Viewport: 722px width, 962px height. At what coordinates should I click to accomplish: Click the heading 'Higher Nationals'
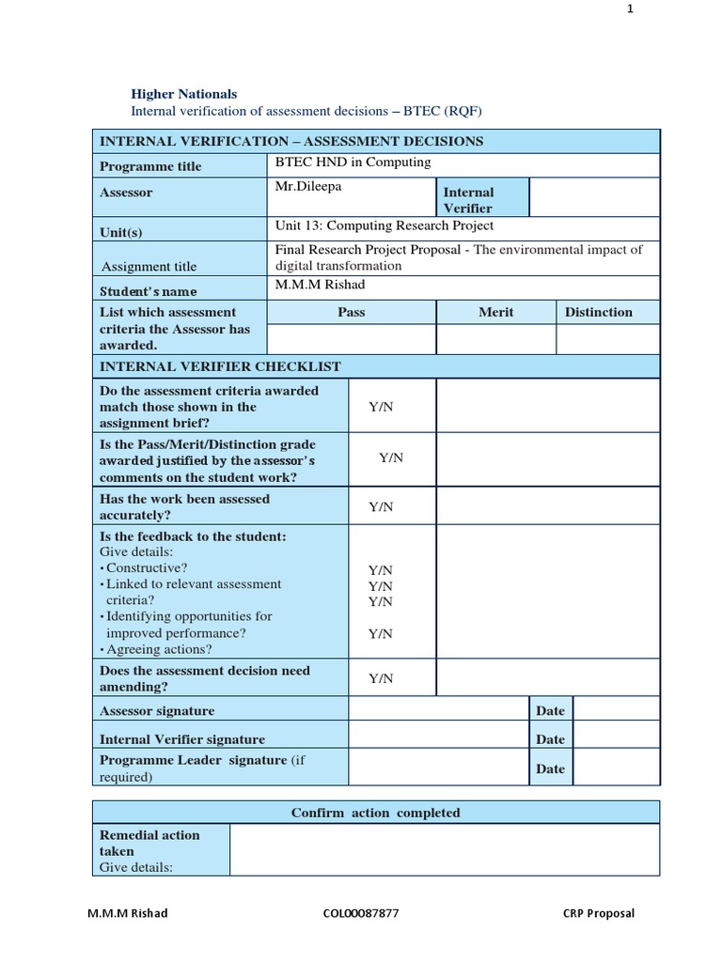[x=183, y=94]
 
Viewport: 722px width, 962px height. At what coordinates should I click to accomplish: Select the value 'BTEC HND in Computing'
[x=353, y=163]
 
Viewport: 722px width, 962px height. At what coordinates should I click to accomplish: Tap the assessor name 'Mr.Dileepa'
[x=307, y=187]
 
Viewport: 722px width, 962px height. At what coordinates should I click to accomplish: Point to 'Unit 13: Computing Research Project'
[x=384, y=225]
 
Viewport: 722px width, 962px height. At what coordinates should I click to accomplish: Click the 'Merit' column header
[x=495, y=312]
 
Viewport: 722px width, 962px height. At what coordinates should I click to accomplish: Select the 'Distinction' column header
[x=598, y=312]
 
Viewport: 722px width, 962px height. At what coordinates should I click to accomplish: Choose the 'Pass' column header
[x=351, y=312]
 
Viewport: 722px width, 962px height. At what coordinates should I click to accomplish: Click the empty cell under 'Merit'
[x=495, y=339]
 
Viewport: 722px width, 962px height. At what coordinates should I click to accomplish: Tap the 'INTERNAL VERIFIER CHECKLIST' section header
[x=220, y=366]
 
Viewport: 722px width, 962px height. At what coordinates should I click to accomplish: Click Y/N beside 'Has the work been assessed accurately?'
[x=381, y=507]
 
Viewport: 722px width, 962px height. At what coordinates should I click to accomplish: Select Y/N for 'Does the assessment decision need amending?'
[x=381, y=678]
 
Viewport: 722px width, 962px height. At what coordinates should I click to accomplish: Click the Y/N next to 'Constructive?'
[x=381, y=569]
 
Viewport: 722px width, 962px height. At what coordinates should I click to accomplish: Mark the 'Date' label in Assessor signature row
[x=550, y=711]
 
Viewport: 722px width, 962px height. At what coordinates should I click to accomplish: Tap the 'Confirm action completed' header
[x=375, y=813]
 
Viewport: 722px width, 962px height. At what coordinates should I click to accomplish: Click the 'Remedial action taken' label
[x=149, y=843]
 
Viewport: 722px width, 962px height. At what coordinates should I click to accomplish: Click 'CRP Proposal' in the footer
[x=598, y=913]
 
